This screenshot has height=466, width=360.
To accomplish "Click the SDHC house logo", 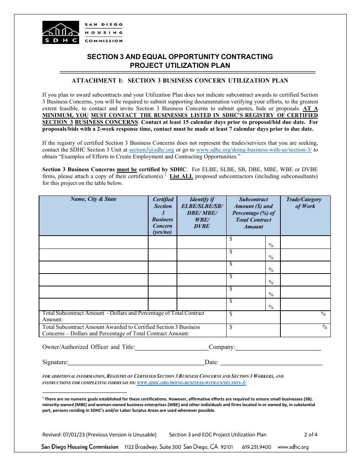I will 61,32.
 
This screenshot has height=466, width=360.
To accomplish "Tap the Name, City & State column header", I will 93,199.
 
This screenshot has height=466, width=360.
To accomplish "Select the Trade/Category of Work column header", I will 305,203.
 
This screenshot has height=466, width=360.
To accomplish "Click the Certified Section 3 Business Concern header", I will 163,216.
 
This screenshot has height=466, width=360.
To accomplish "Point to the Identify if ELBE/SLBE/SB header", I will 202,213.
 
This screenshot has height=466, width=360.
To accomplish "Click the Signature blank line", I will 136,362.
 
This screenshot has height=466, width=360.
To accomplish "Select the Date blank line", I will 271,362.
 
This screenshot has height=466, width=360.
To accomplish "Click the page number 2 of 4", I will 311,435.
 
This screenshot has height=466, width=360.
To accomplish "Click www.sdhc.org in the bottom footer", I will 293,447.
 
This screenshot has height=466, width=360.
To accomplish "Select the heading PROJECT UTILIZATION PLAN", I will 180,65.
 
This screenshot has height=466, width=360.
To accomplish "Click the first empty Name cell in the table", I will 93,242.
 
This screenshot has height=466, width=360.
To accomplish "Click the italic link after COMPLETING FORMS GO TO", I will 191,383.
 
